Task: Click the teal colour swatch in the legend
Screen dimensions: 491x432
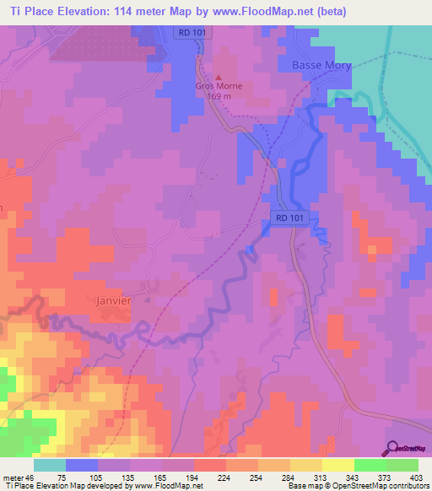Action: click(x=49, y=465)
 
